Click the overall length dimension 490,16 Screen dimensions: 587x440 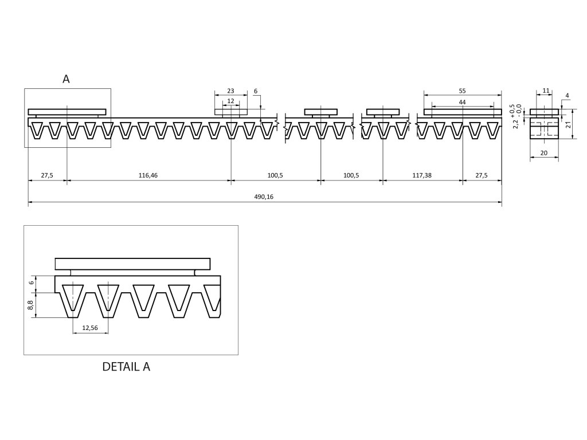coord(264,197)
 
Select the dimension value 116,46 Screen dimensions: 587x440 coord(148,175)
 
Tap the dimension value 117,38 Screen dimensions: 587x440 coord(422,175)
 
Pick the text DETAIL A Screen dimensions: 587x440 coord(126,367)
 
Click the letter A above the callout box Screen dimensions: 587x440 coord(66,80)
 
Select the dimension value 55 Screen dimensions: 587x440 coord(462,91)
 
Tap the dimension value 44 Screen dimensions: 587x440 coord(462,101)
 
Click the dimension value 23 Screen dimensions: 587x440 coord(230,91)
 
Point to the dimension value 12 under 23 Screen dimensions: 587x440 coord(230,101)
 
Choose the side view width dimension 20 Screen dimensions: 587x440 coord(544,153)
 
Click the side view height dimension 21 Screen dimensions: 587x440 coord(569,124)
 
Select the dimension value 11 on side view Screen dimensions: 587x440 coord(546,91)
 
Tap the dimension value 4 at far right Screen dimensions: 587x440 coord(566,95)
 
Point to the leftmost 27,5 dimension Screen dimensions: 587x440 coord(47,175)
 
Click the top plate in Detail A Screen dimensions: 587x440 coord(132,264)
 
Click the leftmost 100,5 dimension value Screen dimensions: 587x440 coord(276,175)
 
